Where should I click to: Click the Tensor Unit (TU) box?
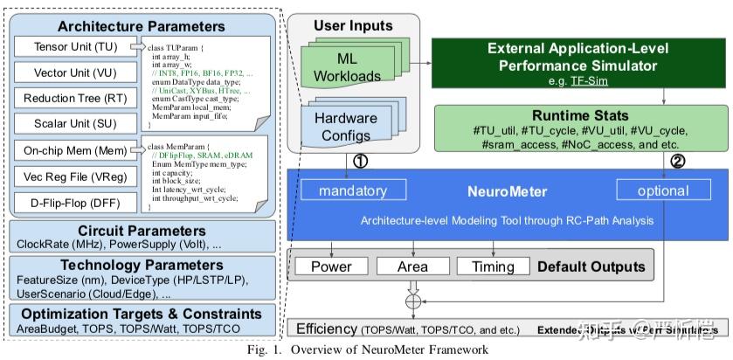[72, 45]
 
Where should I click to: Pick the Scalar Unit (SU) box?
[72, 124]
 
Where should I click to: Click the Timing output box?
[492, 267]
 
